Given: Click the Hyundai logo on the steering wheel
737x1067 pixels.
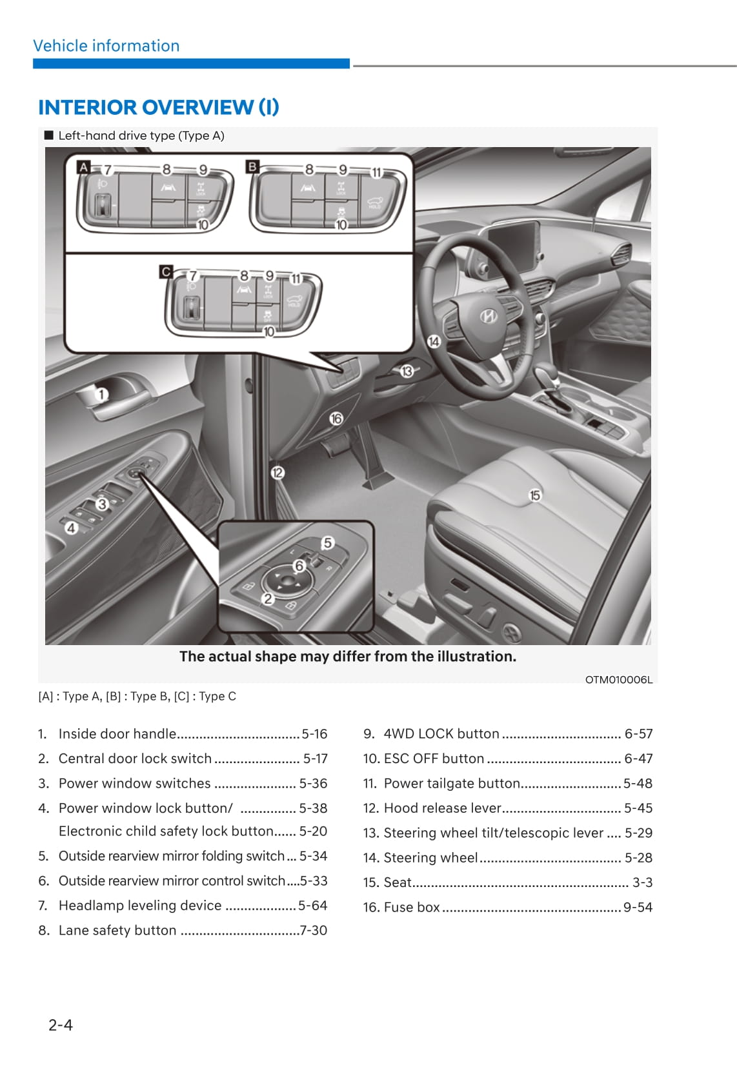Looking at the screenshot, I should click(488, 316).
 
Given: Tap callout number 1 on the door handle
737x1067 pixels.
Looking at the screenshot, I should click(101, 394).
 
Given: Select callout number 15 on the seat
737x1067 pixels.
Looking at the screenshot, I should click(534, 495).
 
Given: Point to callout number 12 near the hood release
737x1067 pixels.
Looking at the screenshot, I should click(278, 473).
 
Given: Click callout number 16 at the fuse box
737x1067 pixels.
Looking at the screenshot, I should click(336, 419).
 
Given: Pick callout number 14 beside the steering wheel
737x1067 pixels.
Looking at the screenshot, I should click(434, 341).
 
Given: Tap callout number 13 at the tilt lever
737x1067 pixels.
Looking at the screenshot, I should click(407, 371).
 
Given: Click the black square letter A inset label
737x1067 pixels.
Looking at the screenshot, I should click(83, 167).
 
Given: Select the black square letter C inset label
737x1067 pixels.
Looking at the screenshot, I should click(166, 272).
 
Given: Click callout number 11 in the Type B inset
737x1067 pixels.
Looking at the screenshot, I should click(376, 172).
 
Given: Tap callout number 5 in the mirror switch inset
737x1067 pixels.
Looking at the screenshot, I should click(328, 543).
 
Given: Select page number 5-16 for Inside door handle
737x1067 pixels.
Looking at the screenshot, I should click(315, 734).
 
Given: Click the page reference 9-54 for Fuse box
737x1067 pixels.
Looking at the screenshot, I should click(638, 907).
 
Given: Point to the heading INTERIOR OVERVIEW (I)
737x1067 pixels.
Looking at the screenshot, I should click(159, 107).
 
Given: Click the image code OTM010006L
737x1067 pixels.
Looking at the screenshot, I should click(618, 680).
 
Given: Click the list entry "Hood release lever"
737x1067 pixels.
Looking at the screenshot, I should click(442, 808).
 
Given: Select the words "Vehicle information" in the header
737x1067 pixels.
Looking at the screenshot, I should click(106, 46).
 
